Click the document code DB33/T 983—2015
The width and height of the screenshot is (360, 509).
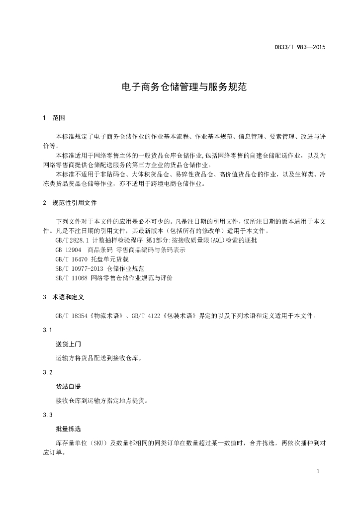(x=299, y=48)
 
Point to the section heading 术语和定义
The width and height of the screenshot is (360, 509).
(x=69, y=297)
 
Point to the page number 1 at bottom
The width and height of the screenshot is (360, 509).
(x=318, y=471)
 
